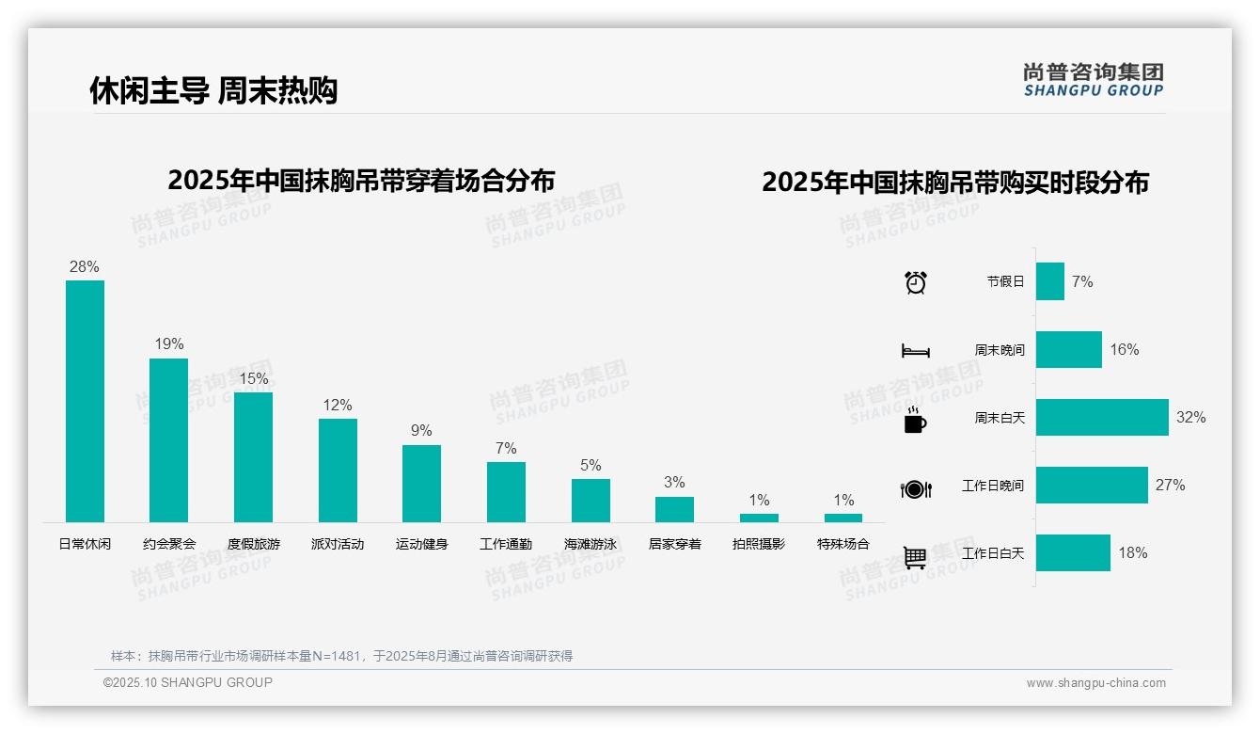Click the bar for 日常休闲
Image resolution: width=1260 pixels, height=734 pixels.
pyautogui.click(x=85, y=401)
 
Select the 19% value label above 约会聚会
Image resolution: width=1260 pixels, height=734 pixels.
pyautogui.click(x=169, y=344)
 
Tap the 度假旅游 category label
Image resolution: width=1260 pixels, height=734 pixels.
pyautogui.click(x=254, y=544)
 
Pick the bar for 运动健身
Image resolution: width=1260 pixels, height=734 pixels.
pyautogui.click(x=421, y=483)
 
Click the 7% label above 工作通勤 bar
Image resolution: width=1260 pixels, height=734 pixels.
pyautogui.click(x=506, y=448)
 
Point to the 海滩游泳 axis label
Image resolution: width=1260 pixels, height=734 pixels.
pyautogui.click(x=591, y=544)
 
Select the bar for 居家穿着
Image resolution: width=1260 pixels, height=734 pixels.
pyautogui.click(x=674, y=509)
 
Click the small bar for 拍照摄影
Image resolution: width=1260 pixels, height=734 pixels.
pyautogui.click(x=759, y=518)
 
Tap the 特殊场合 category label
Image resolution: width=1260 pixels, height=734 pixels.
pyautogui.click(x=843, y=544)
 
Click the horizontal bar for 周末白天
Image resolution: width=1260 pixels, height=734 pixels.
pyautogui.click(x=1102, y=417)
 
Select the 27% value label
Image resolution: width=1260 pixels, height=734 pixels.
pyautogui.click(x=1170, y=486)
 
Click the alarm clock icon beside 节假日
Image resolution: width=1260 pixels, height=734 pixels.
pyautogui.click(x=916, y=282)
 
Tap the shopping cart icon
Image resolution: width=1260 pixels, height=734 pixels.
pyautogui.click(x=915, y=557)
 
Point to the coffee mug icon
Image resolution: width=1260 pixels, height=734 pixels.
pyautogui.click(x=915, y=421)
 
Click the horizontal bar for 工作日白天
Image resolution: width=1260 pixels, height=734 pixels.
pyautogui.click(x=1073, y=553)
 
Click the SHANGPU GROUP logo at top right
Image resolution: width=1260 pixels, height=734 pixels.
pyautogui.click(x=1094, y=80)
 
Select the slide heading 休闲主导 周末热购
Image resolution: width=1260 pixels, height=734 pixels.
pyautogui.click(x=213, y=90)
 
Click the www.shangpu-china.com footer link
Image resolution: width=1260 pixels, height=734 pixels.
pyautogui.click(x=1095, y=683)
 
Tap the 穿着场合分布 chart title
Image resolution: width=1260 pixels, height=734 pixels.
pyautogui.click(x=361, y=180)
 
